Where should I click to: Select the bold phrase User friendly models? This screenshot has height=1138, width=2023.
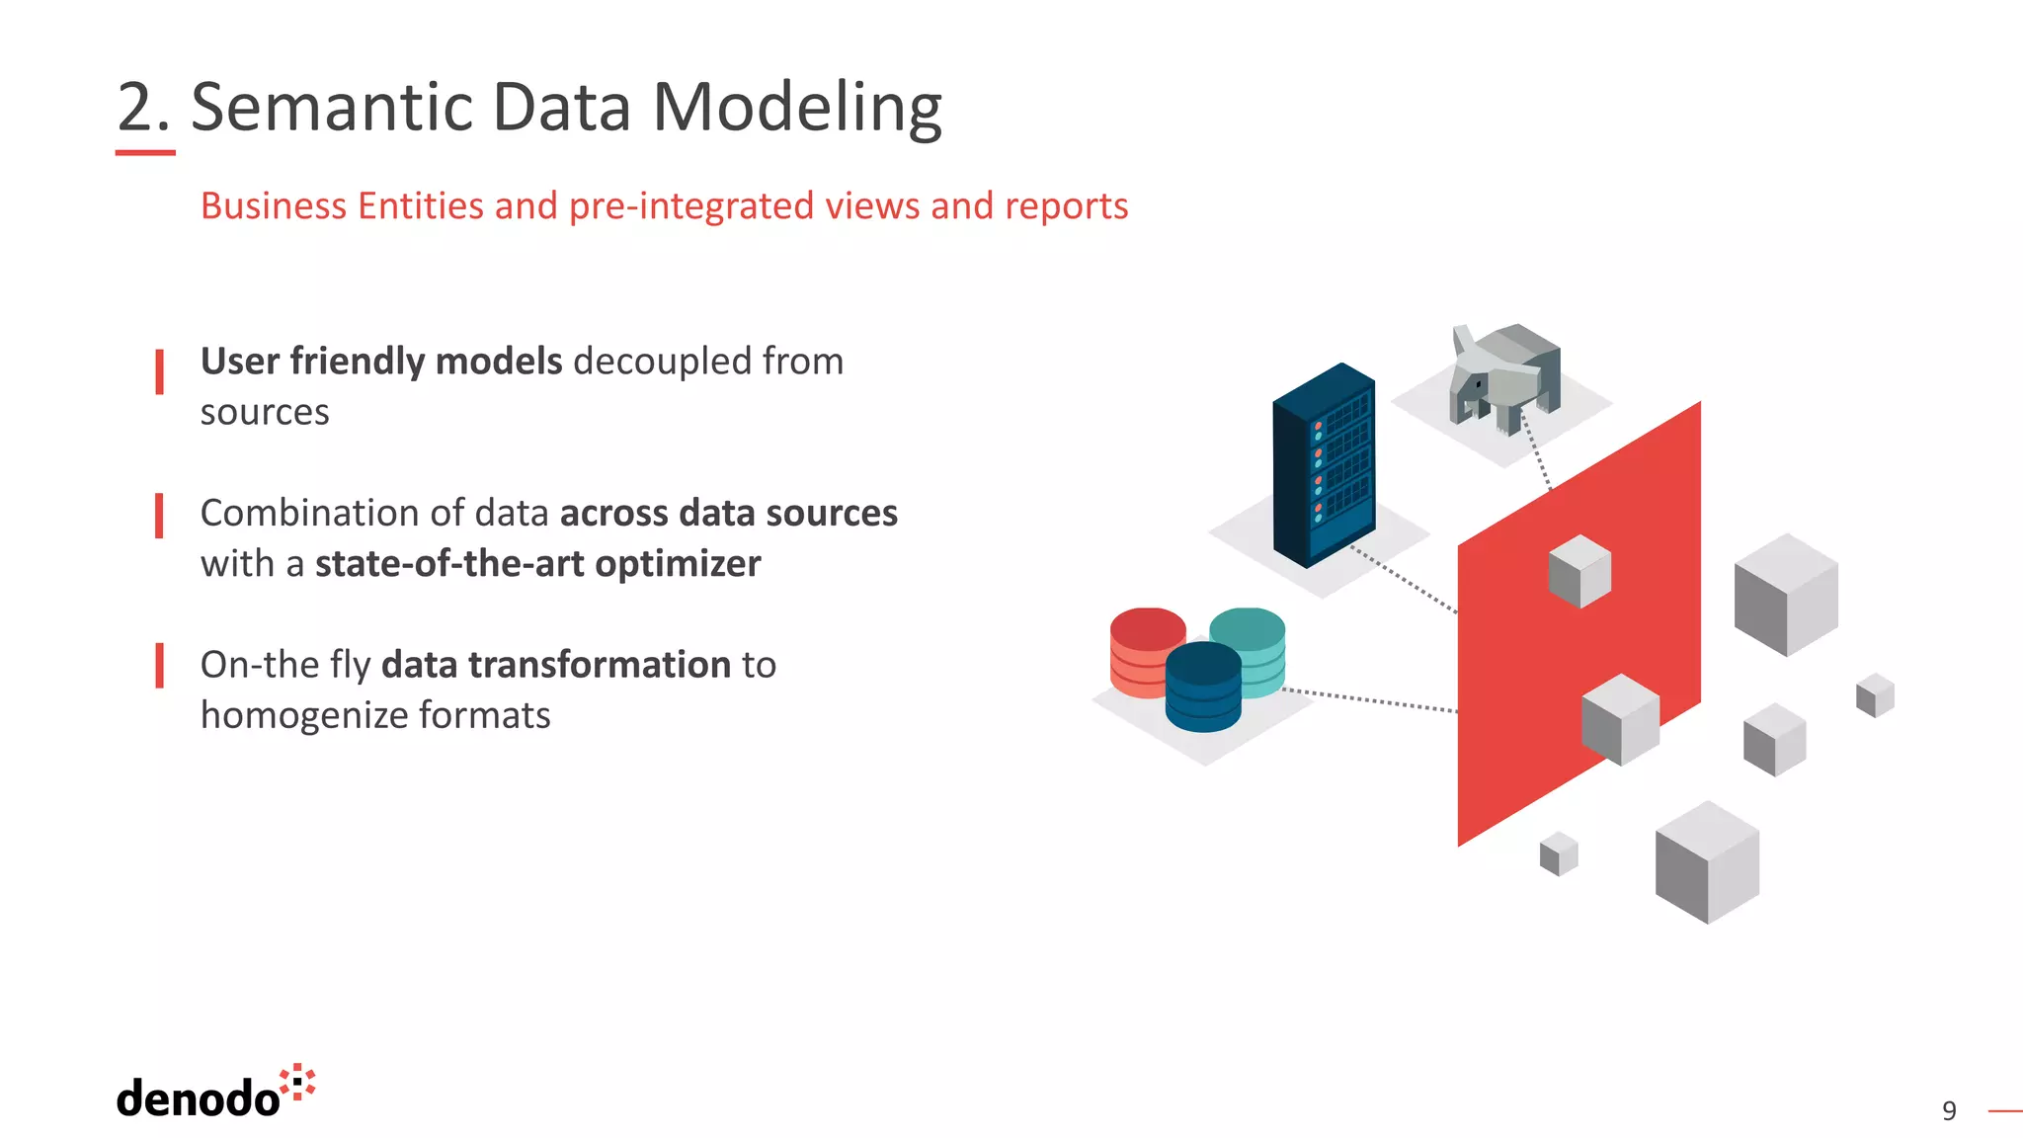pos(380,362)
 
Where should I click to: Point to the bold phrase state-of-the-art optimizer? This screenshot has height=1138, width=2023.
pos(537,564)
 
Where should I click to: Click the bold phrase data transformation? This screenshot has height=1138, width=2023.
pos(556,665)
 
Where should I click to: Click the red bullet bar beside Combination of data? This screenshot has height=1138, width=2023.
pos(159,516)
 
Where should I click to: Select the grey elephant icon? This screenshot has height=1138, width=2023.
pos(1505,377)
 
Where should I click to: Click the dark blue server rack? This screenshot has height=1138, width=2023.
pos(1324,464)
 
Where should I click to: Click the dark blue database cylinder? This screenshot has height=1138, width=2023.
pos(1202,689)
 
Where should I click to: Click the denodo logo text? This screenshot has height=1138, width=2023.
pos(198,1098)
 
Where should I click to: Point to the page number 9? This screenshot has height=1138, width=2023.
pos(1948,1110)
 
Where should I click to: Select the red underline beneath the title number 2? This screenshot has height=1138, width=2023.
pos(145,153)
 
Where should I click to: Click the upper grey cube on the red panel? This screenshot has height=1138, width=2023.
pos(1579,571)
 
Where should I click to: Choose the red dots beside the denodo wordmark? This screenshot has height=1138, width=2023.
pos(297,1082)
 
